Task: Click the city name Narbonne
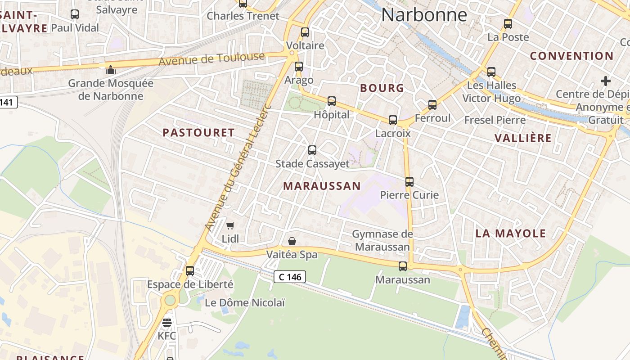(424, 14)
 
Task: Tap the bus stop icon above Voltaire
(305, 32)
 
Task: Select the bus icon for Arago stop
(299, 67)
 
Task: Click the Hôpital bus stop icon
(332, 101)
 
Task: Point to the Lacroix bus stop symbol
(393, 120)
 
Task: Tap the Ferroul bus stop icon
(432, 105)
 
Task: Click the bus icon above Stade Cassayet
(312, 150)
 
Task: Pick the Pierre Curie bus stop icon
(409, 182)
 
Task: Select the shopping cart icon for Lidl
(230, 225)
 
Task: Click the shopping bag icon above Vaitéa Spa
(292, 242)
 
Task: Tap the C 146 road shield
(290, 277)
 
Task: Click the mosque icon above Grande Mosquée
(111, 70)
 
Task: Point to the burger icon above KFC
(167, 323)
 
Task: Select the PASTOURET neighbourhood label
(198, 132)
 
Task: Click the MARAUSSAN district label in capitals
(322, 186)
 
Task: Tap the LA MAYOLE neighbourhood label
(511, 233)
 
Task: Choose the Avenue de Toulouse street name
(211, 59)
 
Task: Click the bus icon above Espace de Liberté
(190, 271)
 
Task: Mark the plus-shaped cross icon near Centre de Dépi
(606, 81)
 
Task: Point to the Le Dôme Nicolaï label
(245, 302)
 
